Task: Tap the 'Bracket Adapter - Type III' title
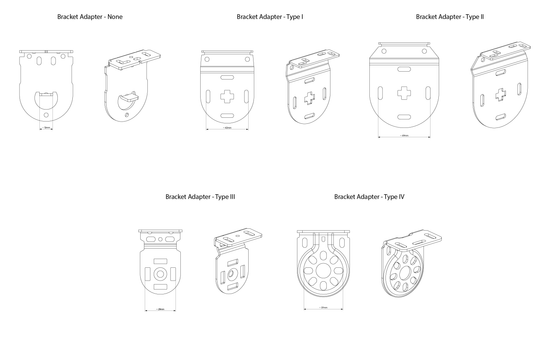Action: pyautogui.click(x=201, y=197)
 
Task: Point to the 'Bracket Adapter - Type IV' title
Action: pyautogui.click(x=369, y=197)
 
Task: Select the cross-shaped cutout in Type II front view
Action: pyautogui.click(x=405, y=98)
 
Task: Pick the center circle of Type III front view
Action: pyautogui.click(x=161, y=273)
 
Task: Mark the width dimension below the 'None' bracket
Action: pyautogui.click(x=46, y=127)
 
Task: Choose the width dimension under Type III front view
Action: pyautogui.click(x=161, y=309)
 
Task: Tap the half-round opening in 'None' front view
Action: pyautogui.click(x=46, y=99)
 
